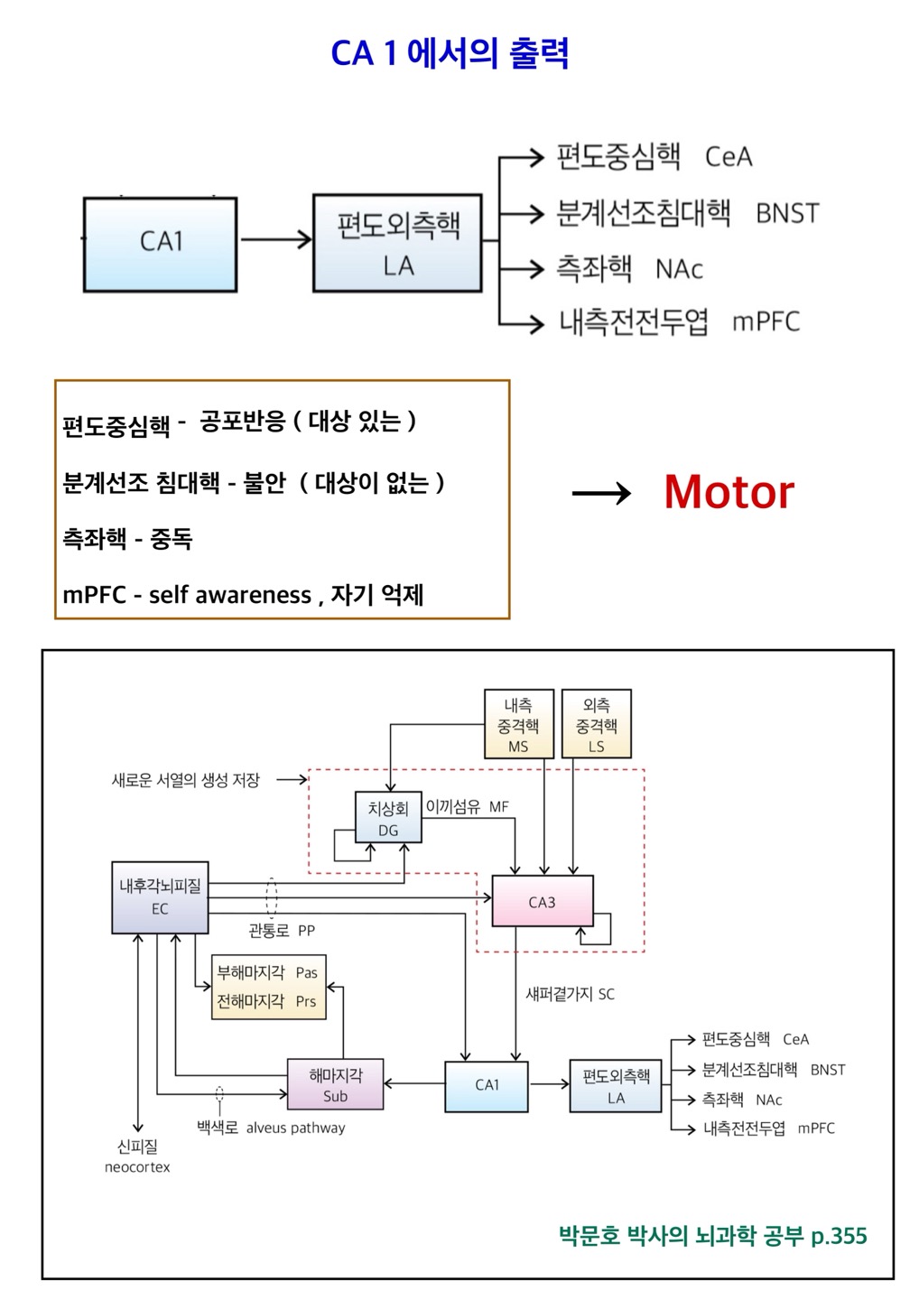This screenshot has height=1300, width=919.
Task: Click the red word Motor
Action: (729, 493)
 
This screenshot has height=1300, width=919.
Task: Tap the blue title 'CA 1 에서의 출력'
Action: (450, 53)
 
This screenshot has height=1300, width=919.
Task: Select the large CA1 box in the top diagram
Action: (161, 244)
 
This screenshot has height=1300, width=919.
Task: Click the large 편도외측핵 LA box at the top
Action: (397, 243)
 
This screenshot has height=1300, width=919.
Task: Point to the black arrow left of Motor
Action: (601, 493)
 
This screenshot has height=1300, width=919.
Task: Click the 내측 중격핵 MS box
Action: (518, 724)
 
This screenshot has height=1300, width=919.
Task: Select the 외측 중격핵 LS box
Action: (596, 724)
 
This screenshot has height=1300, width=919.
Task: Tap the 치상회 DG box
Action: (388, 818)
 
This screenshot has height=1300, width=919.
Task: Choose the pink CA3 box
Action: (542, 901)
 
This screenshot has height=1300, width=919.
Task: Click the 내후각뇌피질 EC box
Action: (160, 897)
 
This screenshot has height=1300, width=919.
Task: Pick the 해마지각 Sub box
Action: (335, 1084)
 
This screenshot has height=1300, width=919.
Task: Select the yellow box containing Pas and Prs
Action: (267, 987)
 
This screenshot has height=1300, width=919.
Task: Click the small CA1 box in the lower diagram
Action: (487, 1084)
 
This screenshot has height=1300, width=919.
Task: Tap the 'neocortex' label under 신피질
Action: (137, 1167)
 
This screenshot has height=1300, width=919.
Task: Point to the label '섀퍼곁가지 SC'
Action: (570, 994)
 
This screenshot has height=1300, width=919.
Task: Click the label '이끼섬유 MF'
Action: (468, 806)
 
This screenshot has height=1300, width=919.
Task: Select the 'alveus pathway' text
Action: (295, 1128)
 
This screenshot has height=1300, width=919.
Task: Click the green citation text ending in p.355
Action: (712, 1235)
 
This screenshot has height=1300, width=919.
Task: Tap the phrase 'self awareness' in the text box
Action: (230, 595)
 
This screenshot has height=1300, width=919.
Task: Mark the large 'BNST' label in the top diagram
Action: (787, 214)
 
